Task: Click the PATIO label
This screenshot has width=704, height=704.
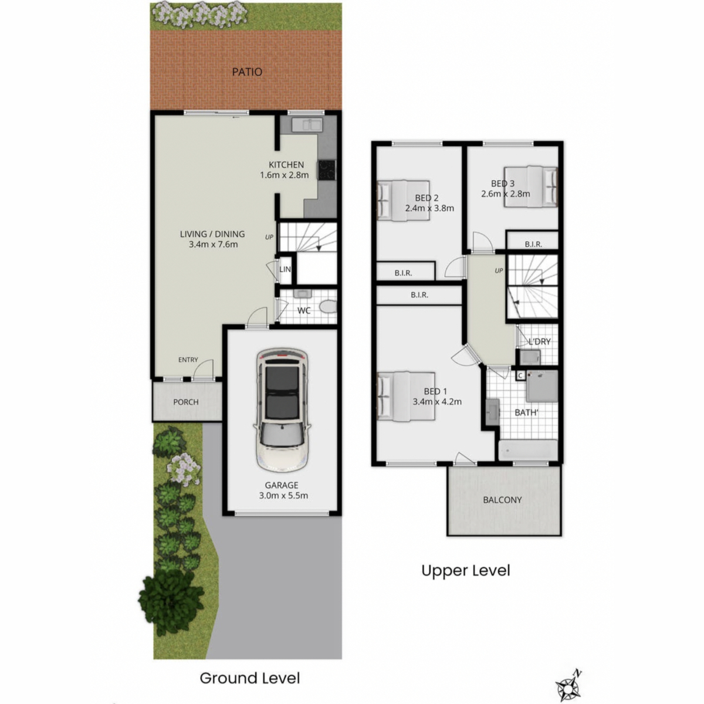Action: pos(247,72)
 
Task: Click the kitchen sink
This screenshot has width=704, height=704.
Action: pos(307,124)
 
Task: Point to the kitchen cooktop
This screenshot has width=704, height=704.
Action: pos(326,170)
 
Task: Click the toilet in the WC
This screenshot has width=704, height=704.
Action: pos(328,306)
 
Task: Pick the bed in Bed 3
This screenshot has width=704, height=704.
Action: pos(531,187)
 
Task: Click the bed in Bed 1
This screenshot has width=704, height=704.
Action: pos(406,396)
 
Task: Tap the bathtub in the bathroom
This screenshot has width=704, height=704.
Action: pos(528,450)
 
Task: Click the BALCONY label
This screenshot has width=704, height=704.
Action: pos(502,500)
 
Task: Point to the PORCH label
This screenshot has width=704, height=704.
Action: pos(186,402)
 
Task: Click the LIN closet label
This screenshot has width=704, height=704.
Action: pos(285,269)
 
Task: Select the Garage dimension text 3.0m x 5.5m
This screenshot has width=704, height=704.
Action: pos(283,496)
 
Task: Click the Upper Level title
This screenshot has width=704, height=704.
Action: pos(465,571)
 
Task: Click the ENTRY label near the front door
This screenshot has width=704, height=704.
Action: pos(188,360)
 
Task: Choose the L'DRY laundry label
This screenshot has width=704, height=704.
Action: pos(539,341)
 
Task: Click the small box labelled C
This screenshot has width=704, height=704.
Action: pos(520,375)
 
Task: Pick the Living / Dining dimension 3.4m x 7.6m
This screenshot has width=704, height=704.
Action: pos(213,245)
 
